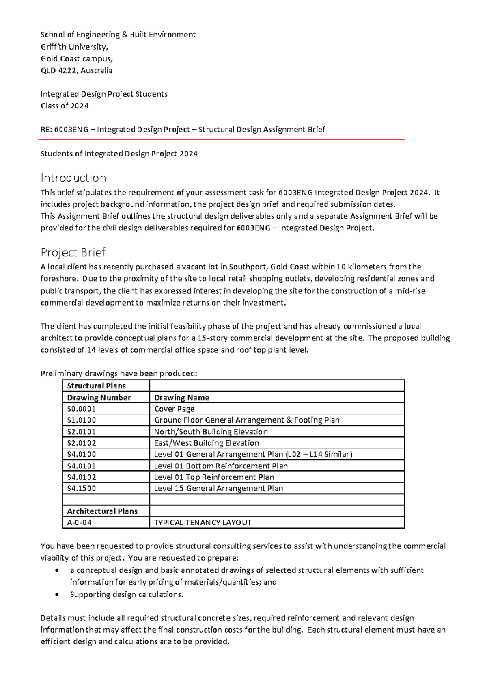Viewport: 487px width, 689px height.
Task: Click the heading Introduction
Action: pos(73,178)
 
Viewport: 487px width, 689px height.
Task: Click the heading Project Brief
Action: pos(73,253)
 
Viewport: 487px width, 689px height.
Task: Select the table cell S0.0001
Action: pos(82,409)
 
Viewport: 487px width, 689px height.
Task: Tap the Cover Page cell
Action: pos(174,409)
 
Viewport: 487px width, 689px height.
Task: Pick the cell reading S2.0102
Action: pos(82,443)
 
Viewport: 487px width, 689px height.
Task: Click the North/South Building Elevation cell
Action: pos(211,431)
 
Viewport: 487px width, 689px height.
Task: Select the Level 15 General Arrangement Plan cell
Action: pos(218,488)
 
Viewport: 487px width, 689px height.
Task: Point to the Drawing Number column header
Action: pos(99,397)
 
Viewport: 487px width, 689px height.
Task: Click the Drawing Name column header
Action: pos(181,397)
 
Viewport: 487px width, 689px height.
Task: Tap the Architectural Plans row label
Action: pos(102,511)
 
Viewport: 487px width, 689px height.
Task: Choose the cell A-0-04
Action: pos(79,522)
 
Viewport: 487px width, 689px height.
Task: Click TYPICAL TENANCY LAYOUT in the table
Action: pos(203,522)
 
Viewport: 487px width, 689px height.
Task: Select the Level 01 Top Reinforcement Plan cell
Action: pos(214,477)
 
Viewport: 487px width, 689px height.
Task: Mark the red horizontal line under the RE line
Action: pos(222,139)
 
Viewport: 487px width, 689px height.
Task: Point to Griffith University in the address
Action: pos(74,47)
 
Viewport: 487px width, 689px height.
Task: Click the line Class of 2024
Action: pos(65,106)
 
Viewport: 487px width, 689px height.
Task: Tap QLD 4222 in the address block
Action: pos(59,70)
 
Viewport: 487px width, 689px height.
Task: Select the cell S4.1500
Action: pos(82,488)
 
